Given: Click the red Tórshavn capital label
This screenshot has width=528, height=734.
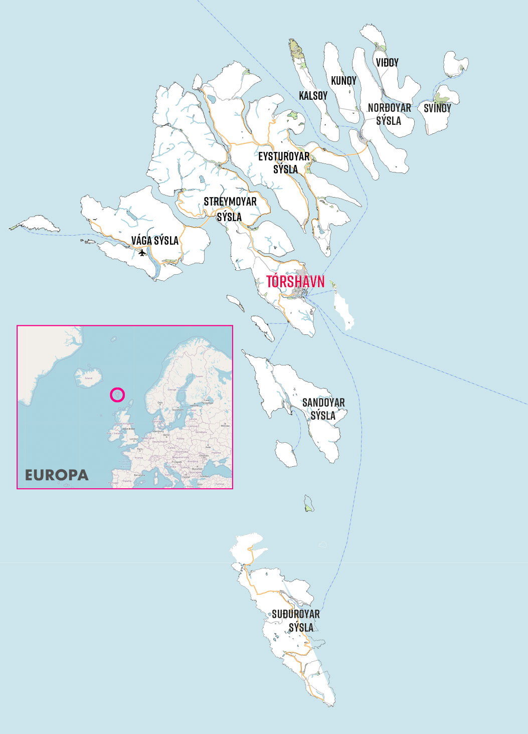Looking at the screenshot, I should click(x=295, y=282).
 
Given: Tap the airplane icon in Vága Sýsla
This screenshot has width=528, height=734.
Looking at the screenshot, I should click(x=142, y=253).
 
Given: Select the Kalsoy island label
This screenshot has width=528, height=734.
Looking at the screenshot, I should click(x=313, y=96).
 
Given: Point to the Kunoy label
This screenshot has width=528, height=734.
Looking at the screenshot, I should click(x=343, y=81).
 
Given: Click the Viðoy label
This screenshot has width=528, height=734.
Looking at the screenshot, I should click(x=387, y=63).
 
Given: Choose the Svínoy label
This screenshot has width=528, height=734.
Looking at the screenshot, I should click(x=437, y=108).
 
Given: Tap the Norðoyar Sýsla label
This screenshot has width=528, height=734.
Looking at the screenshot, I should click(x=389, y=114).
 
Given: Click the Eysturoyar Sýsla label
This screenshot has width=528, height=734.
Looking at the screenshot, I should click(x=284, y=163).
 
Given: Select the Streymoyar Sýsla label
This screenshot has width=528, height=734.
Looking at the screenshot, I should click(x=230, y=209).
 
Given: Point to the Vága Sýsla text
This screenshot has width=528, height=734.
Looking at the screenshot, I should click(x=155, y=241).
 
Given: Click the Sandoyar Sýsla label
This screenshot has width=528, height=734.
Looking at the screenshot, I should click(x=323, y=409).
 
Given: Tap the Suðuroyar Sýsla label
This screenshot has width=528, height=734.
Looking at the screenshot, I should click(x=296, y=621).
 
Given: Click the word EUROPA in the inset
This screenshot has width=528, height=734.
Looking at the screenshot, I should click(x=57, y=475).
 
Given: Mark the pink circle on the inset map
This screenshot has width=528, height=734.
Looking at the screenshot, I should click(x=117, y=395).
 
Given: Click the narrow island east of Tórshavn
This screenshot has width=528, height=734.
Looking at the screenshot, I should click(x=344, y=309).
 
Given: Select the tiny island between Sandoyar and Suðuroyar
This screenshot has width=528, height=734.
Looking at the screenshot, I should click(x=309, y=503).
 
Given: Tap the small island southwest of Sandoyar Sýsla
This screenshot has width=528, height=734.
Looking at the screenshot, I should click(x=286, y=454).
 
